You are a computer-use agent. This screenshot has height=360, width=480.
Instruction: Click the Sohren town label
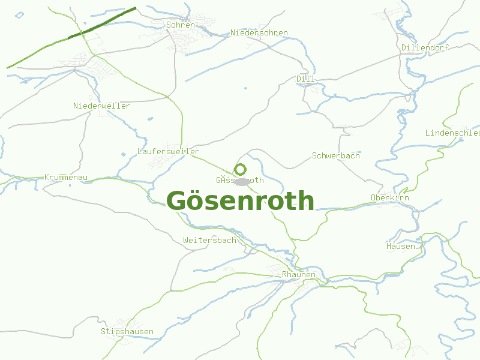[x=181, y=25]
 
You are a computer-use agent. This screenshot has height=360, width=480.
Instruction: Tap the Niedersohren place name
[x=259, y=32]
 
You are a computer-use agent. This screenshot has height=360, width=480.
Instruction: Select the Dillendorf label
[x=425, y=47]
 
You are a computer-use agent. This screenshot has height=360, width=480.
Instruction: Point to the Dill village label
[x=305, y=79]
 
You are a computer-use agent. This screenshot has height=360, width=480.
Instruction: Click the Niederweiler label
[x=101, y=106]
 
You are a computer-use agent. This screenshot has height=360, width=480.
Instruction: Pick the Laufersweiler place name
[x=168, y=151]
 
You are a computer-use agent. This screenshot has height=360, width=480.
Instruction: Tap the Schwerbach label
[x=335, y=155]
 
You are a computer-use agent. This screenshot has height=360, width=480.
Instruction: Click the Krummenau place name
[x=66, y=178]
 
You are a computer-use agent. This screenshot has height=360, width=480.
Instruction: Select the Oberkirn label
[x=389, y=197]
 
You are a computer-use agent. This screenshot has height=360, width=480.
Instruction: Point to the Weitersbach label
[x=209, y=240]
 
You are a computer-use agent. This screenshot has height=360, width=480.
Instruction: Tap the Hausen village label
[x=400, y=246]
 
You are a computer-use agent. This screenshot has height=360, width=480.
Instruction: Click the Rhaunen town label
[x=298, y=274]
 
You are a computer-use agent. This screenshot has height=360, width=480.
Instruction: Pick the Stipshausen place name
[x=127, y=331]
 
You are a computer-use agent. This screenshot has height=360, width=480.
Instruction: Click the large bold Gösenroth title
[x=240, y=200]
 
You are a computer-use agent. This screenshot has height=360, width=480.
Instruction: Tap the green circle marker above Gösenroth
[x=240, y=169]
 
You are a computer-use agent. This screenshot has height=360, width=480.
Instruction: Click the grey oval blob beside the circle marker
[x=242, y=181]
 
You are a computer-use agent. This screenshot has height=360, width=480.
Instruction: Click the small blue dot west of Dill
[x=245, y=89]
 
